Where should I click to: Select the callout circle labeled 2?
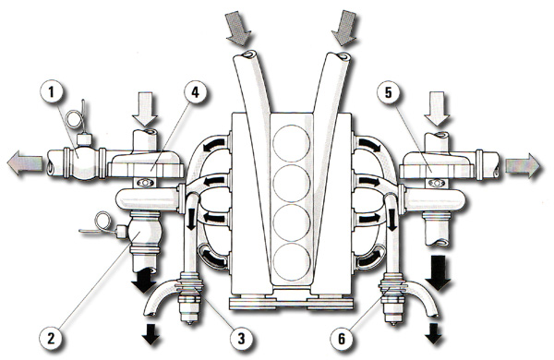tap(52, 338)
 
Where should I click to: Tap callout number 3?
tap(241, 339)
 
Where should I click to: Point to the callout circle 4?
tap(196, 92)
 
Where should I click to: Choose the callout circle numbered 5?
tap(389, 92)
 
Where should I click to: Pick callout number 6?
tap(342, 339)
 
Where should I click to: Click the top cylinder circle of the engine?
tap(292, 143)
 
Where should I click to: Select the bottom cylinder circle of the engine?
tap(292, 263)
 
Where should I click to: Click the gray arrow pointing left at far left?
tap(25, 162)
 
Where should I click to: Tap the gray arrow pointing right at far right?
tap(524, 165)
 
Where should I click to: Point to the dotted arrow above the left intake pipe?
tap(238, 28)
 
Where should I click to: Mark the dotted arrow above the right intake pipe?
tap(345, 28)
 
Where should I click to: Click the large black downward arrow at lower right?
tap(438, 271)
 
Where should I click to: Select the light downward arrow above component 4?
tap(145, 109)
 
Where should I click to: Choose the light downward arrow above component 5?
tap(437, 108)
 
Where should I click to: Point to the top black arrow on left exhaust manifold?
tap(213, 144)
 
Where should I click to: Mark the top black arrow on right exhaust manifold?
tap(370, 145)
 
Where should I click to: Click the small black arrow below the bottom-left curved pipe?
tap(151, 334)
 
